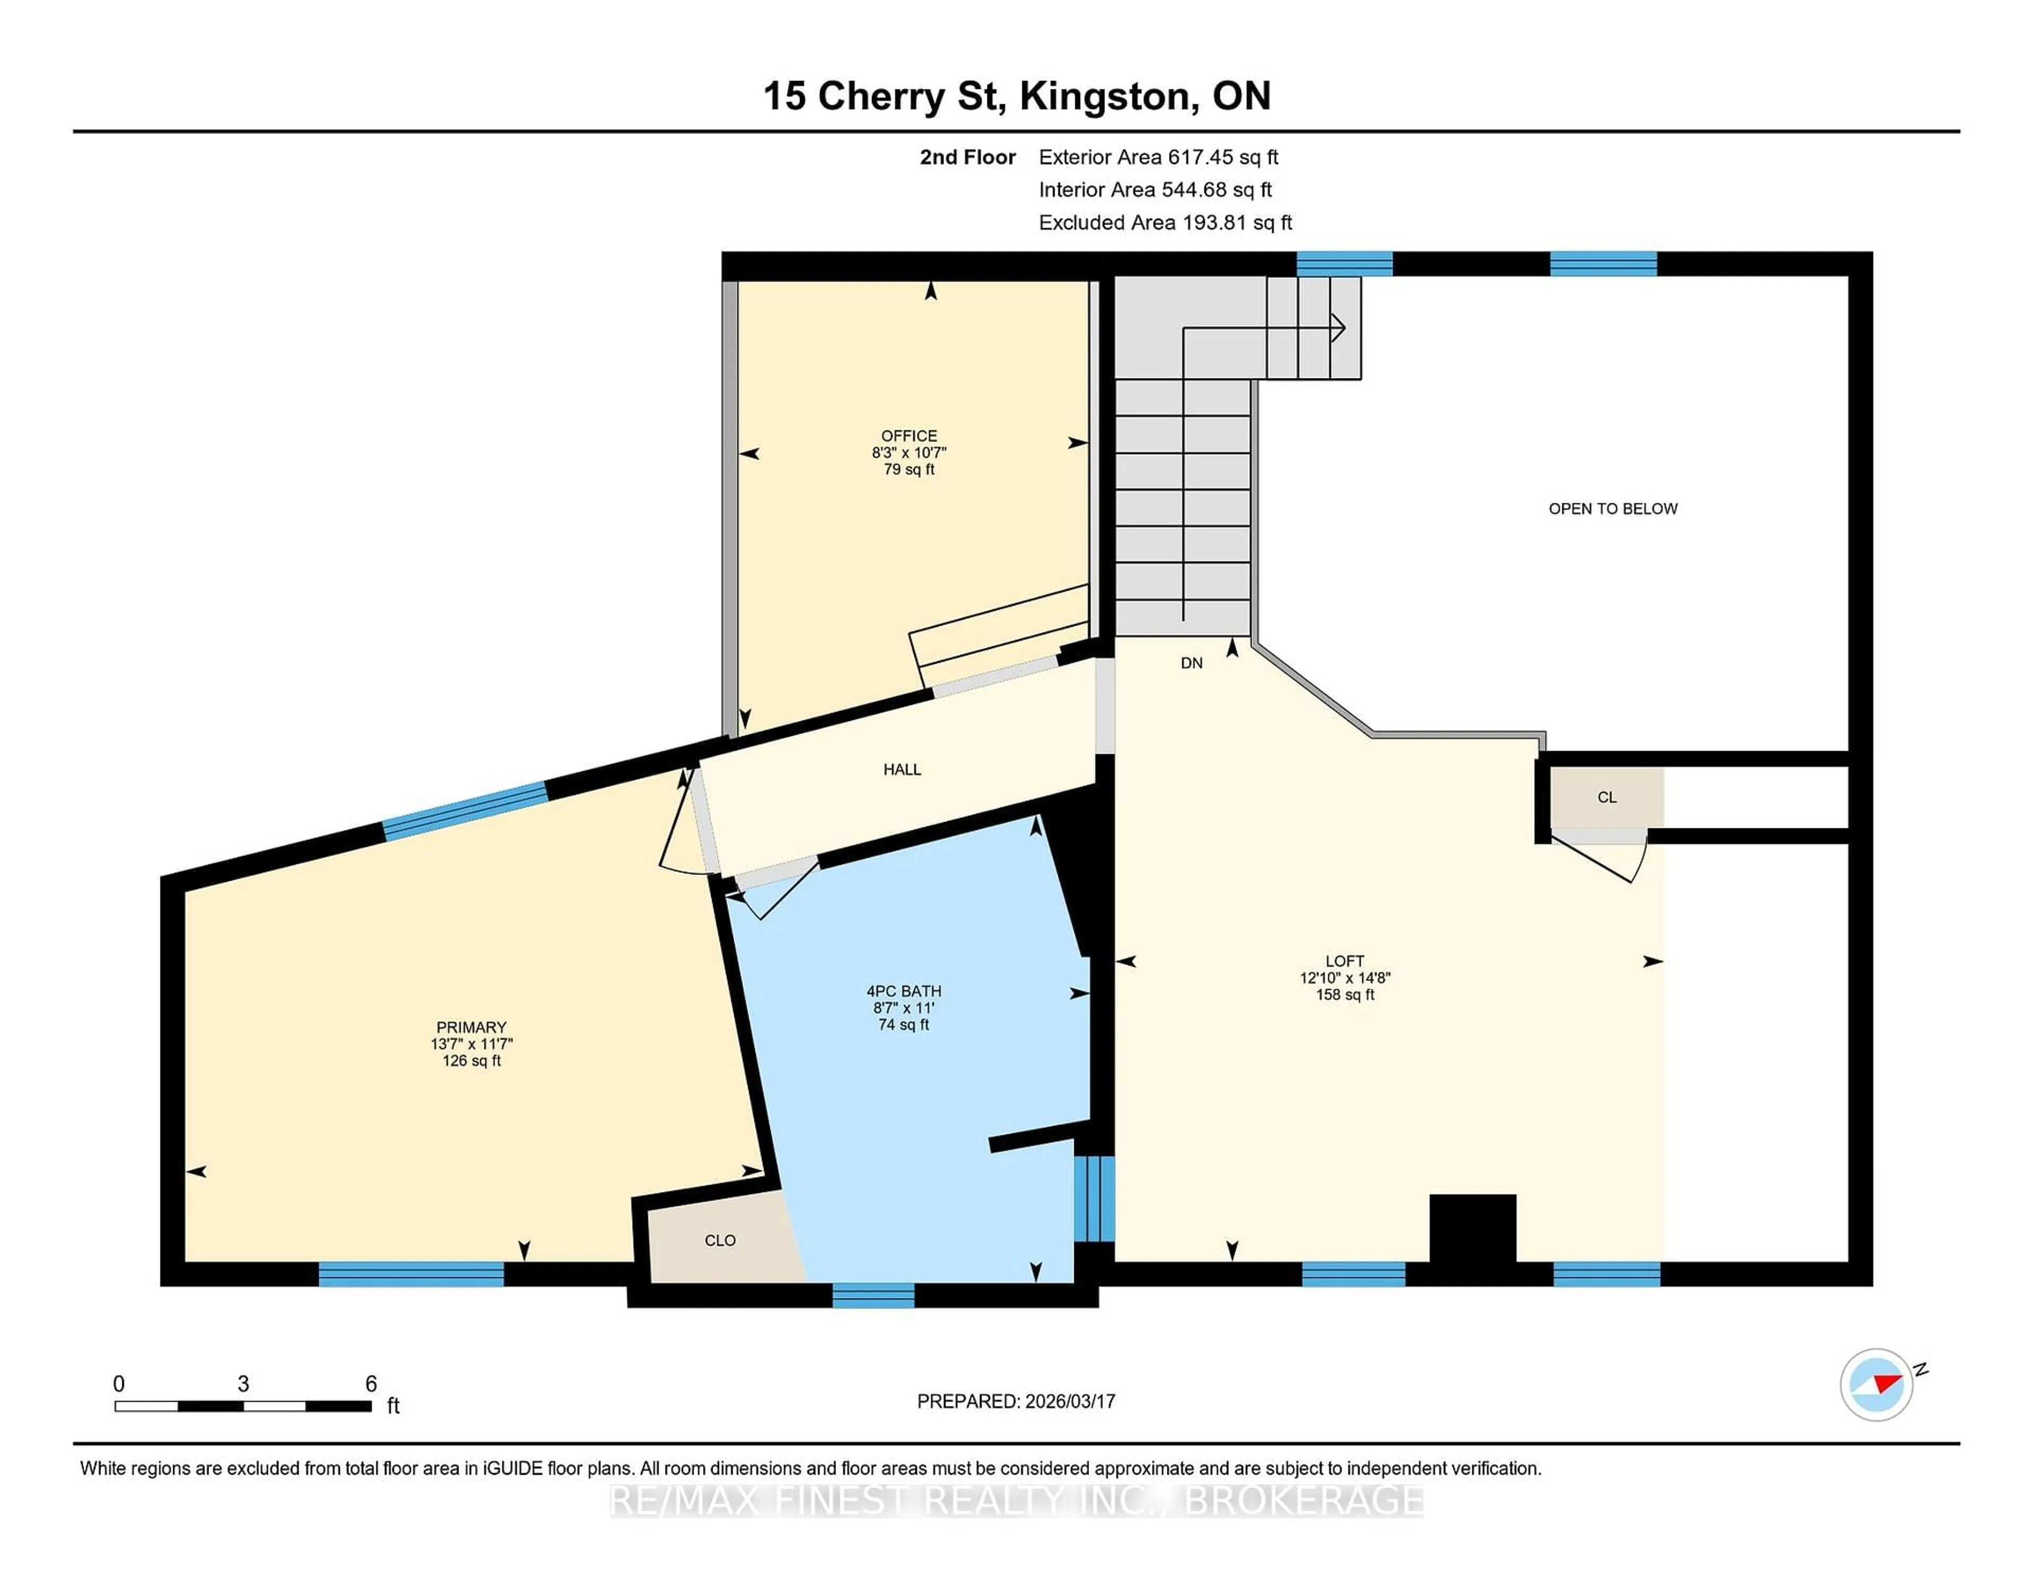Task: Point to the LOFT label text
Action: point(1344,961)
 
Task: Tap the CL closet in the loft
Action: point(1607,797)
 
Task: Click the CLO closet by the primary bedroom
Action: point(719,1240)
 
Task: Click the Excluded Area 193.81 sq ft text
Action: point(1165,222)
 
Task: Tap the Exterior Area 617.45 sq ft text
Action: point(1158,157)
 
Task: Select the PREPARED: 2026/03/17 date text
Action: point(1015,1401)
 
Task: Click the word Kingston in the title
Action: point(1104,96)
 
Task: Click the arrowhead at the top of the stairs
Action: point(1338,328)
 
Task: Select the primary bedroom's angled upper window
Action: point(464,810)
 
